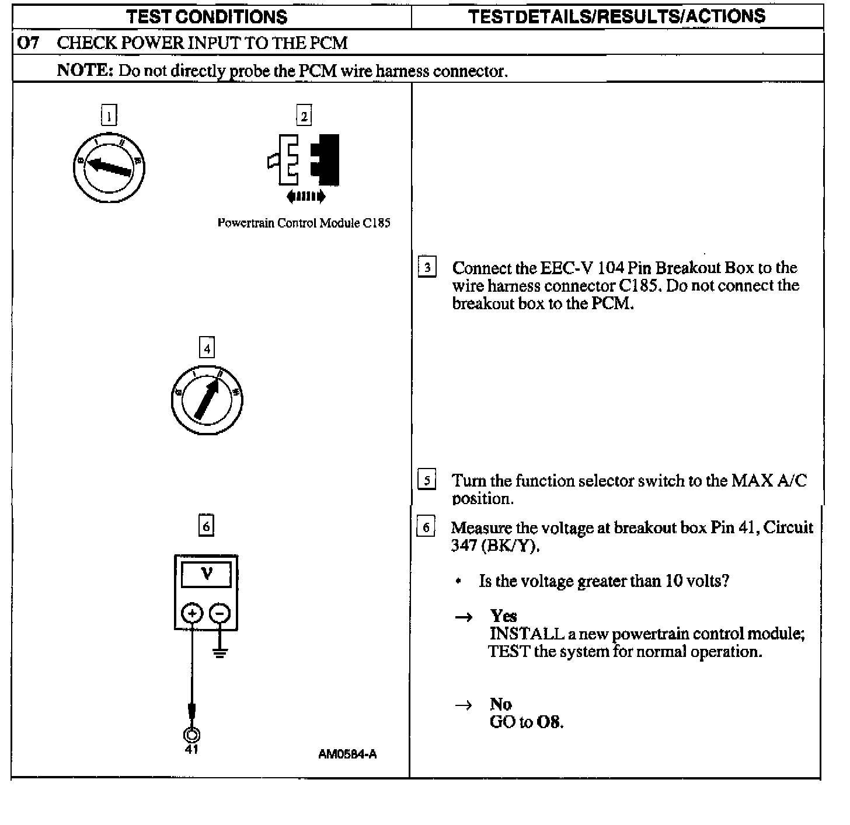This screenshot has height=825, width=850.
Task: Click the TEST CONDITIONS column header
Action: click(207, 17)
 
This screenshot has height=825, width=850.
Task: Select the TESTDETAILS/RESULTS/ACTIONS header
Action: click(616, 16)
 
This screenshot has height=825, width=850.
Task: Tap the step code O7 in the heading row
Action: click(29, 43)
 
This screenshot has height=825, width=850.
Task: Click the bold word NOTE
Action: click(84, 71)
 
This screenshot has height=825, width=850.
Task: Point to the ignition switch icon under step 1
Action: click(109, 169)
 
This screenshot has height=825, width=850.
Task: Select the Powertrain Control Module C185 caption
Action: click(304, 223)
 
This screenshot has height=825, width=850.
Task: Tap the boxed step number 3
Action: click(427, 268)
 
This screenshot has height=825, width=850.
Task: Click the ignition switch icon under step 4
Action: click(207, 400)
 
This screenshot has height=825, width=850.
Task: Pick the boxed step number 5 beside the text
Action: click(427, 480)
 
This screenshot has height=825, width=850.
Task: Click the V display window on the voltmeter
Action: click(206, 575)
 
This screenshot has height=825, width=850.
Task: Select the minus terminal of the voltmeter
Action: click(220, 613)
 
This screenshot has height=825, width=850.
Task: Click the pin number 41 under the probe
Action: click(191, 750)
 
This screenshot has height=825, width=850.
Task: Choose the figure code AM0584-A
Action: click(347, 754)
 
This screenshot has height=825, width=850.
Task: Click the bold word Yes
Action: click(503, 616)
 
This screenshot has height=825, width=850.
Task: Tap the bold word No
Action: click(500, 704)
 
